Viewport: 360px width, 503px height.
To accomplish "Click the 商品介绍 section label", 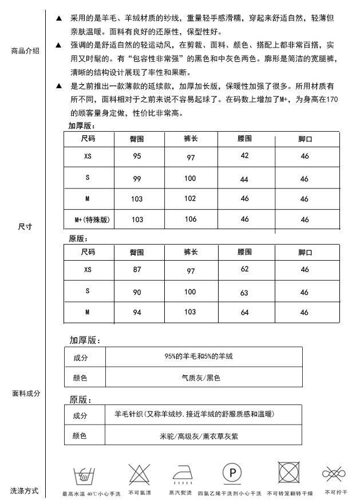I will coord(25,51).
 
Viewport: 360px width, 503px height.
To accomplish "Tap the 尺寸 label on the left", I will coord(25,227).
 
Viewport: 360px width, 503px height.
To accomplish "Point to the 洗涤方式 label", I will coord(24,491).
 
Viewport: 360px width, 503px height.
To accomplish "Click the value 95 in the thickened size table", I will coord(137,156).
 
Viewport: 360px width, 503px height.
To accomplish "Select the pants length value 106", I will coord(191,219).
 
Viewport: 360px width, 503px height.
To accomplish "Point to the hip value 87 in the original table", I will coord(137,269).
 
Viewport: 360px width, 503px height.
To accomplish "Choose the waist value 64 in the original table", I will coord(244,312).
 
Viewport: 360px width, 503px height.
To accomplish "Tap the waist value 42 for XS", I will coord(244,156).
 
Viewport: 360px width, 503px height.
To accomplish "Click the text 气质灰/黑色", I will coord(204,378).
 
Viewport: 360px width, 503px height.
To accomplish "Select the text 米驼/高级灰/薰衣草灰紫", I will coord(199,436).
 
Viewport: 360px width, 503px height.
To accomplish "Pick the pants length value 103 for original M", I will coord(191,312).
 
